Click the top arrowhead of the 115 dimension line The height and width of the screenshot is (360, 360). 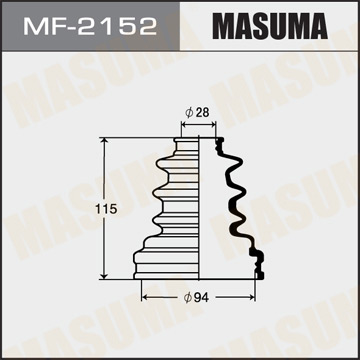coord(102,142)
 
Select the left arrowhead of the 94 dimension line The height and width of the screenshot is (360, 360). coord(146,297)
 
